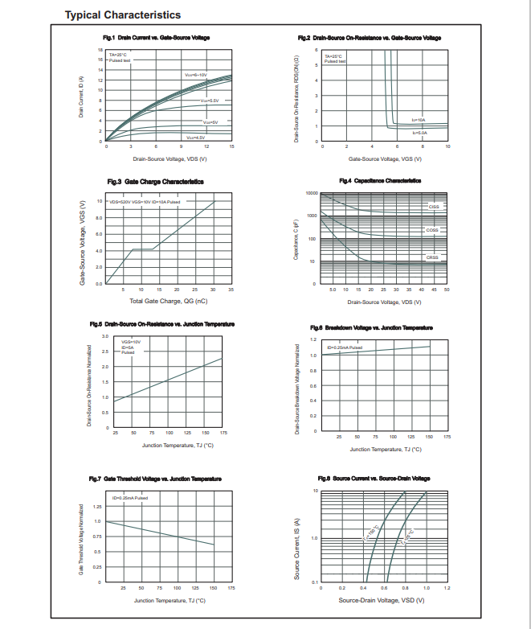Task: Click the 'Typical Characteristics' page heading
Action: (x=122, y=14)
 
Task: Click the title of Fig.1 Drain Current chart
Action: (x=156, y=38)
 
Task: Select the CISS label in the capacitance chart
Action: (x=433, y=207)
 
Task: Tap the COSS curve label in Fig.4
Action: (x=432, y=230)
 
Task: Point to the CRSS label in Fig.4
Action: (x=432, y=257)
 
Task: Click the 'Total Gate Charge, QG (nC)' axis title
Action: (x=169, y=301)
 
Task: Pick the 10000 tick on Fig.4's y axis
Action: (x=312, y=194)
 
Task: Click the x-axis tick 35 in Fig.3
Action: (x=231, y=289)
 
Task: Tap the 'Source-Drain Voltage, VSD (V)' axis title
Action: (x=382, y=600)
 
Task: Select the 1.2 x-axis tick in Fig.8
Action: (x=447, y=589)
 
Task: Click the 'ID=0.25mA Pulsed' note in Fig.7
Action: (x=129, y=499)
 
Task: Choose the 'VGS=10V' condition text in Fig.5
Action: (x=130, y=341)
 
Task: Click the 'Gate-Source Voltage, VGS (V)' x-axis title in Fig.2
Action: (x=382, y=159)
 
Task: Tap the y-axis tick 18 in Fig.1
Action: (x=100, y=50)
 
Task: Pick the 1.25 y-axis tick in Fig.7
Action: (x=97, y=507)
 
